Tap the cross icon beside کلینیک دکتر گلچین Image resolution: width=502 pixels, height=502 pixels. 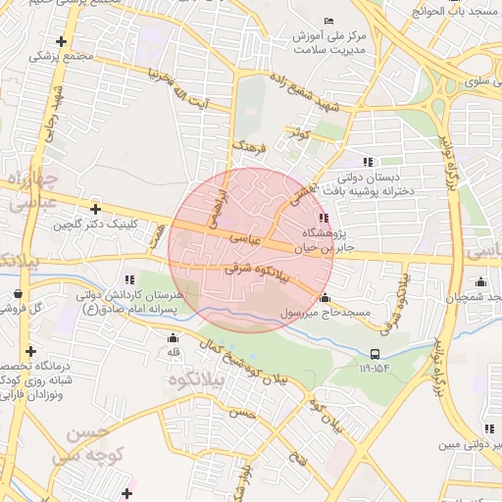tap(95, 209)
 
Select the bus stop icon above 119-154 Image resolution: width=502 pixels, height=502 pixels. tap(376, 355)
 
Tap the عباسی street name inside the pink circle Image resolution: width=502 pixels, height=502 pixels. tap(246, 238)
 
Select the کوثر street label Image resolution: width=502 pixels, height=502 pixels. tap(298, 131)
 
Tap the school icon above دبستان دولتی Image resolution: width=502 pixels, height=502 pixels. tap(367, 163)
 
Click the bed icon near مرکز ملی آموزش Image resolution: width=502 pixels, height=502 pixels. tap(328, 22)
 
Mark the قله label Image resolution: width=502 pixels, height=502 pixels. tap(175, 351)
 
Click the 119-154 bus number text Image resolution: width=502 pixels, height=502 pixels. tap(376, 370)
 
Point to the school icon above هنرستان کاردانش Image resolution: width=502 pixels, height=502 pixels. tap(130, 280)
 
